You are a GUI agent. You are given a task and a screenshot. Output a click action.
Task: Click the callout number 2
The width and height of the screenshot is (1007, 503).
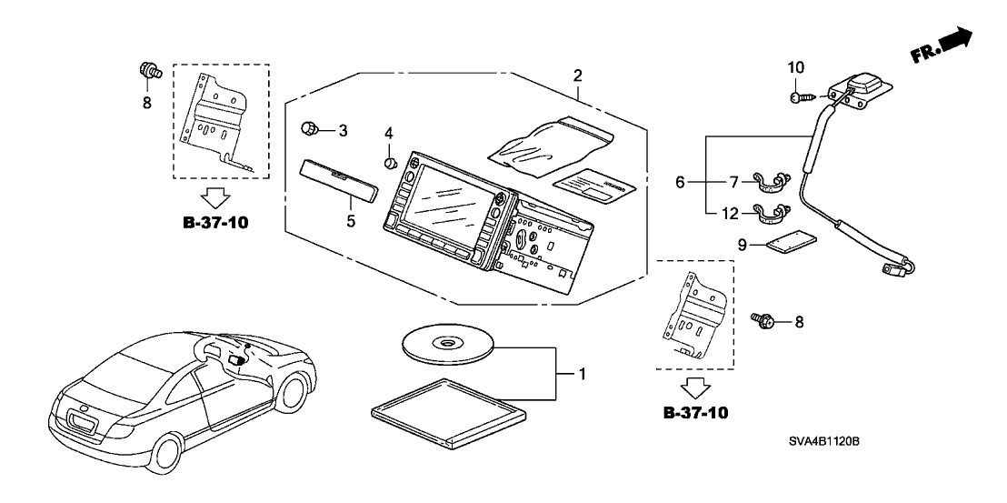[x=577, y=75]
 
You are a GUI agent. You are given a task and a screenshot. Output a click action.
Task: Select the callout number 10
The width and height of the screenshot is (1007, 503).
[x=796, y=67]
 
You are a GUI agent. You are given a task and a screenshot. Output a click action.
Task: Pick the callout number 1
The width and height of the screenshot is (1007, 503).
[x=569, y=373]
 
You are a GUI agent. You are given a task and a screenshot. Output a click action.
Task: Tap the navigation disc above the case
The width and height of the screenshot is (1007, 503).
[x=447, y=342]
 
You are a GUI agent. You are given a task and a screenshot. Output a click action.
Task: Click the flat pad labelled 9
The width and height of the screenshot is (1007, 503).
[x=791, y=243]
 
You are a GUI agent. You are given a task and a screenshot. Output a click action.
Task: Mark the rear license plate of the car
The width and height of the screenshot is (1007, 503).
[x=83, y=420]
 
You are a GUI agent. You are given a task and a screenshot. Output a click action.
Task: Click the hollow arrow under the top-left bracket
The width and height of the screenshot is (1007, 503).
[x=214, y=197]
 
